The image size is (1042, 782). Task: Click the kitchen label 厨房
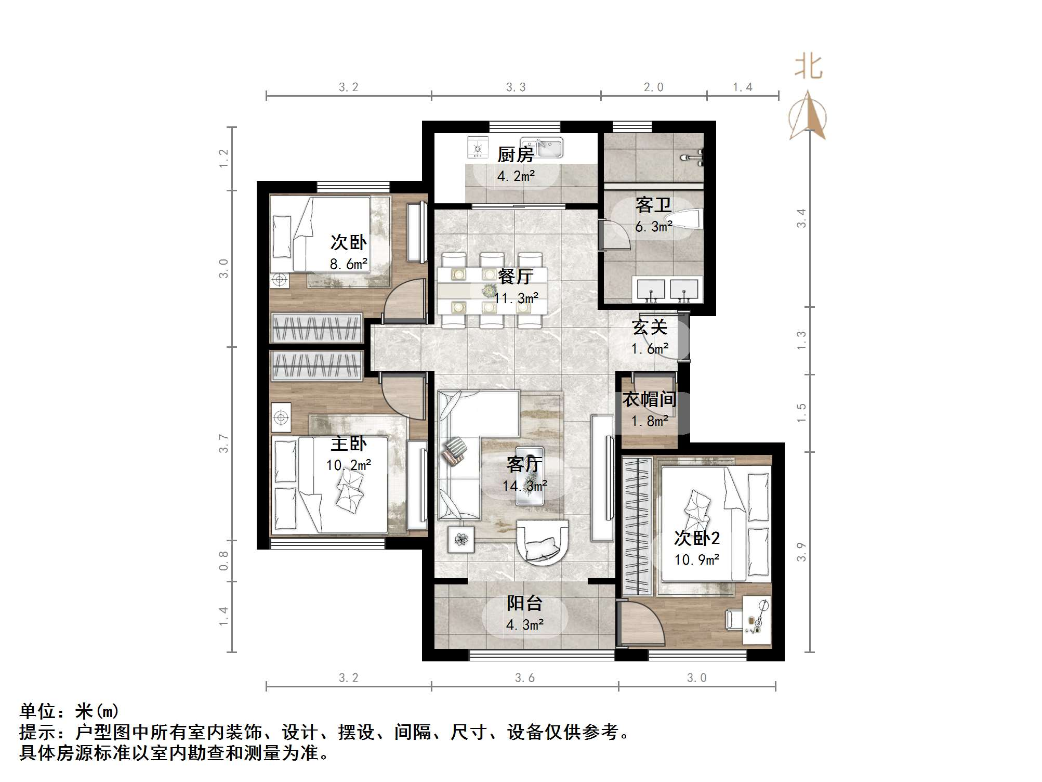pos(515,154)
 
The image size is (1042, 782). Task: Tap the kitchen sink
pos(544,147)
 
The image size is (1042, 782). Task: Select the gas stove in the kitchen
pos(478,148)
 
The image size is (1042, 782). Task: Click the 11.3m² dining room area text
pos(516,298)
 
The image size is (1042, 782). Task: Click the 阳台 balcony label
pos(524,603)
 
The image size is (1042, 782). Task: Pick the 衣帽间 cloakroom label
pos(650,399)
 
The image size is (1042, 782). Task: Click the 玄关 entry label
pos(650,327)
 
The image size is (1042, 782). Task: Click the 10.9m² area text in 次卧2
pos(696,560)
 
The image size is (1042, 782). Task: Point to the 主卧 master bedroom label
pos(349,444)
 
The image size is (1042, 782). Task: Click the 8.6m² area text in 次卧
pos(348,264)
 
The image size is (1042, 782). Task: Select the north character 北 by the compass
pos(808,68)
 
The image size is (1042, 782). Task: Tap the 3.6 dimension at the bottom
pos(524,678)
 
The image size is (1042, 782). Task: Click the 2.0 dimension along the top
pos(653,87)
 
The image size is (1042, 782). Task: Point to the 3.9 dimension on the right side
pos(801,551)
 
